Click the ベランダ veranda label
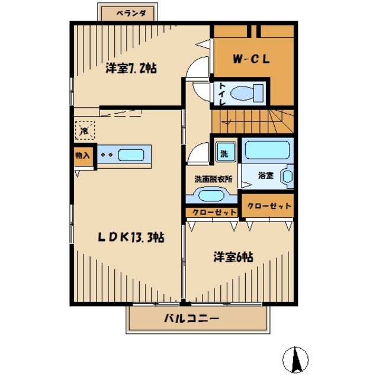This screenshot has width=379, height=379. [131, 13]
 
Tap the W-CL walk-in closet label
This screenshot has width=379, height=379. [251, 59]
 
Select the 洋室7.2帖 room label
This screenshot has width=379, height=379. [131, 68]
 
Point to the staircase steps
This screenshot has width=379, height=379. [253, 121]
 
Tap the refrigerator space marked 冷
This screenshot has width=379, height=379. [85, 130]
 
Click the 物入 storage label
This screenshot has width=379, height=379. [83, 155]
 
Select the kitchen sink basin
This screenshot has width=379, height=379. [131, 155]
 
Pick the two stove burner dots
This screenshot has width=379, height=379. [107, 155]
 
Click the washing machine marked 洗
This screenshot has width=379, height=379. [226, 152]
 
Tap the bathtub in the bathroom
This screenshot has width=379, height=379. [267, 150]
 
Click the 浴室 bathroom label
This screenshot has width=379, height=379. [266, 175]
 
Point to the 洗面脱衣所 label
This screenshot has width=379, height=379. [213, 179]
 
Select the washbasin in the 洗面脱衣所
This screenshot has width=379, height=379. [211, 195]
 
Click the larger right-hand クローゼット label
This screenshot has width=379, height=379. [269, 206]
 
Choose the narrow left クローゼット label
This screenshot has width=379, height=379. [214, 213]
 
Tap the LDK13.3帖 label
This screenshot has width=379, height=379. [131, 237]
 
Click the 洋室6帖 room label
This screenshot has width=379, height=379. [233, 257]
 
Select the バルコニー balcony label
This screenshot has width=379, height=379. [191, 319]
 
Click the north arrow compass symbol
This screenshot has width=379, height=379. [296, 359]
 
